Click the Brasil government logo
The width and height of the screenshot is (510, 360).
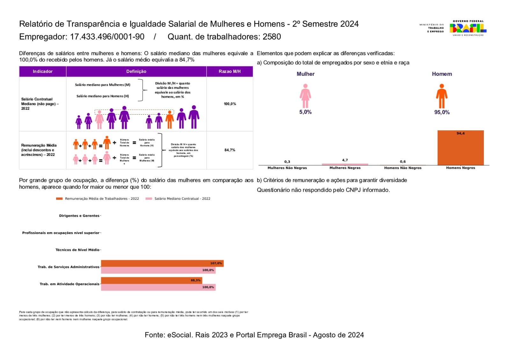click(468, 28)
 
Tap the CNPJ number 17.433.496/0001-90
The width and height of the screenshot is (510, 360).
click(107, 37)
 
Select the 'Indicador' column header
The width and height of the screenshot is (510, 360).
click(42, 71)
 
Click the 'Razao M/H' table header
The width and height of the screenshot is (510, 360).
click(229, 71)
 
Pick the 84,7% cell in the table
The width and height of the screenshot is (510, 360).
click(229, 150)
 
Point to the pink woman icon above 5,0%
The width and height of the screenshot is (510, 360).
click(305, 96)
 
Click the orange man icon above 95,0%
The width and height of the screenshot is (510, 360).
click(441, 96)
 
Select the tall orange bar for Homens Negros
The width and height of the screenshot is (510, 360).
click(460, 148)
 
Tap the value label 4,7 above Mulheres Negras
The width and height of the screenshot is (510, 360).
click(345, 160)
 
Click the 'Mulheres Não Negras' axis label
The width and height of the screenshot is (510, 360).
click(287, 168)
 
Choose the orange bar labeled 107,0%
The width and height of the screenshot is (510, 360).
click(162, 263)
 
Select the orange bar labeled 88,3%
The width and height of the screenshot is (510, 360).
click(151, 280)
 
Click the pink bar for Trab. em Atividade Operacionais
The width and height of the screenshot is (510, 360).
click(158, 287)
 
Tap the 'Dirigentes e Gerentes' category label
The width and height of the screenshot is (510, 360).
click(79, 216)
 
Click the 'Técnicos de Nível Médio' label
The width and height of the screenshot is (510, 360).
click(77, 250)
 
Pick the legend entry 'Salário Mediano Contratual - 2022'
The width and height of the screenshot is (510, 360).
click(182, 198)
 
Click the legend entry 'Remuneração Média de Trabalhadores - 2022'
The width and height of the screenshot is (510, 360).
click(102, 198)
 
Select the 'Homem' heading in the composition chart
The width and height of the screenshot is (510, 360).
click(442, 74)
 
